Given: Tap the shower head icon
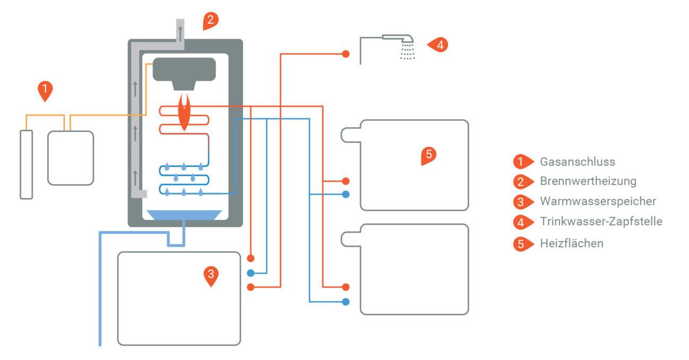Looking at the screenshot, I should (x=406, y=42).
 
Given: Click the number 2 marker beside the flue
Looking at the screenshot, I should (x=210, y=20).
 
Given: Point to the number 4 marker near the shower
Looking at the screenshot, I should (x=439, y=45).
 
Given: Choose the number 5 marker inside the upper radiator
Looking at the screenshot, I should (x=429, y=155).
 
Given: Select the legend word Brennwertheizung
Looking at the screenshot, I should (x=588, y=181).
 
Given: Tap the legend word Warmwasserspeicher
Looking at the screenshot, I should (x=598, y=201).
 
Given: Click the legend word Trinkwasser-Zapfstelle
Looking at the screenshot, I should (x=601, y=221).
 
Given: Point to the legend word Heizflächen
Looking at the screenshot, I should (x=572, y=244).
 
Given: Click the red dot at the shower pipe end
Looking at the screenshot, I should (x=346, y=54).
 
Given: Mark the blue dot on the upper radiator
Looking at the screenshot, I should (x=346, y=194).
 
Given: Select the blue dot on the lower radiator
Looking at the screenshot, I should (x=346, y=302).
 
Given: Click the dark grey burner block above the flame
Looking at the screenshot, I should (x=184, y=69).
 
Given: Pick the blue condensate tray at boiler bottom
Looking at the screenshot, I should (x=184, y=215).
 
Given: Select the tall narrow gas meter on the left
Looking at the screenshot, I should (x=26, y=165).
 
